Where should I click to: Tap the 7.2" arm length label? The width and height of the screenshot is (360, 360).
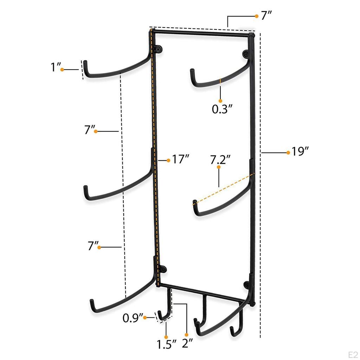pyautogui.click(x=220, y=160)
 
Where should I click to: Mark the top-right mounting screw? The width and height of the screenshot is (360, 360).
pyautogui.click(x=245, y=54)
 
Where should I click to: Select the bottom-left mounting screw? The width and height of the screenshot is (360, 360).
pyautogui.click(x=163, y=269)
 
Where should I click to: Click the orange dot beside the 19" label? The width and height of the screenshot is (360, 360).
pyautogui.click(x=288, y=152)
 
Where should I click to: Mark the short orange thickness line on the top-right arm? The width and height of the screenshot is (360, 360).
pyautogui.click(x=220, y=81)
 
